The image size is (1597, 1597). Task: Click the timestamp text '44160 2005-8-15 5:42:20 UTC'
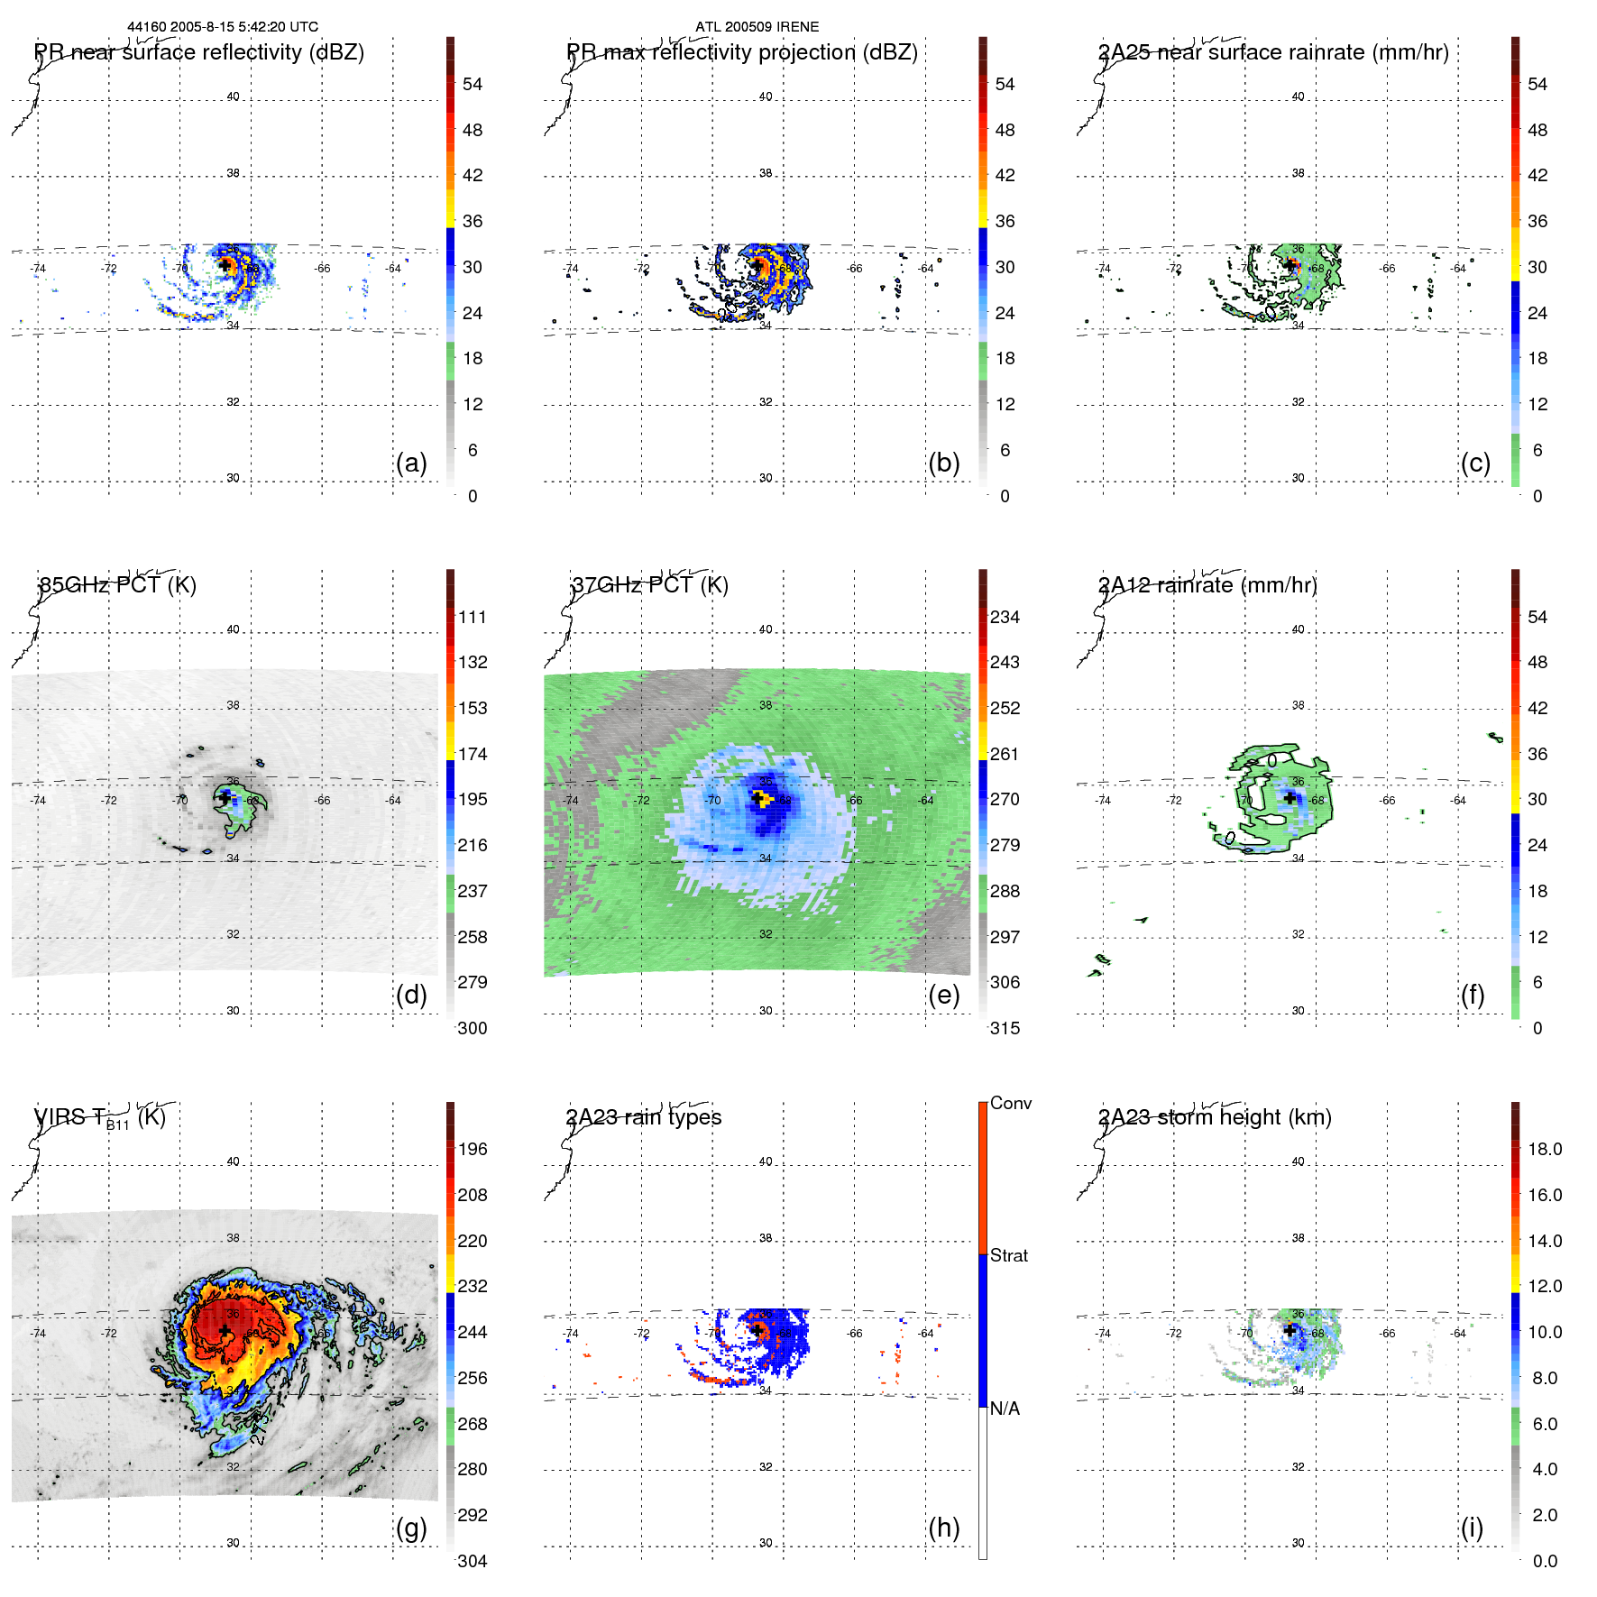tap(223, 27)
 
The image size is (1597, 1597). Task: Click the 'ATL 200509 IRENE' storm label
tap(757, 27)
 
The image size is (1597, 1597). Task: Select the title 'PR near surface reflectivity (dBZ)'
tap(199, 52)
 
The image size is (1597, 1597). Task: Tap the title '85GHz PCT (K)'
tap(117, 585)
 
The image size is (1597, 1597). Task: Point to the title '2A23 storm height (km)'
tap(1215, 1117)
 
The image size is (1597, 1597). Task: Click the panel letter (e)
tap(943, 996)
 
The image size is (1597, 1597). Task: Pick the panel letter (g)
tap(411, 1528)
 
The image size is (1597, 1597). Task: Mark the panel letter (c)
tap(1475, 463)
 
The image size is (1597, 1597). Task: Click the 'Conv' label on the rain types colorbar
tap(1011, 1104)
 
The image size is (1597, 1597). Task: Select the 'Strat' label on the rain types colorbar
tap(1009, 1256)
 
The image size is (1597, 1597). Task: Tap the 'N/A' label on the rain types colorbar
tap(1005, 1409)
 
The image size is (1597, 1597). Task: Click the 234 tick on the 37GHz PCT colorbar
tap(1005, 618)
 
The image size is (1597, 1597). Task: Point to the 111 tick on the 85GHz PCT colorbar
tap(473, 618)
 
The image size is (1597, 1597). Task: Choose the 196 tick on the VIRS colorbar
tap(473, 1150)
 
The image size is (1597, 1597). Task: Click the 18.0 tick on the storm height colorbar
tap(1545, 1150)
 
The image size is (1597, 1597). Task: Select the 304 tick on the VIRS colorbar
tap(473, 1562)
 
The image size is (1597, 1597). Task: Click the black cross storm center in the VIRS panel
tap(225, 1330)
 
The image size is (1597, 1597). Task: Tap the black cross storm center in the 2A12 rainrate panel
tap(1290, 798)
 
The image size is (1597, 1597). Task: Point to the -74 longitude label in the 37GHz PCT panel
tap(571, 801)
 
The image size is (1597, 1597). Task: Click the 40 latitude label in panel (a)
tap(233, 96)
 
